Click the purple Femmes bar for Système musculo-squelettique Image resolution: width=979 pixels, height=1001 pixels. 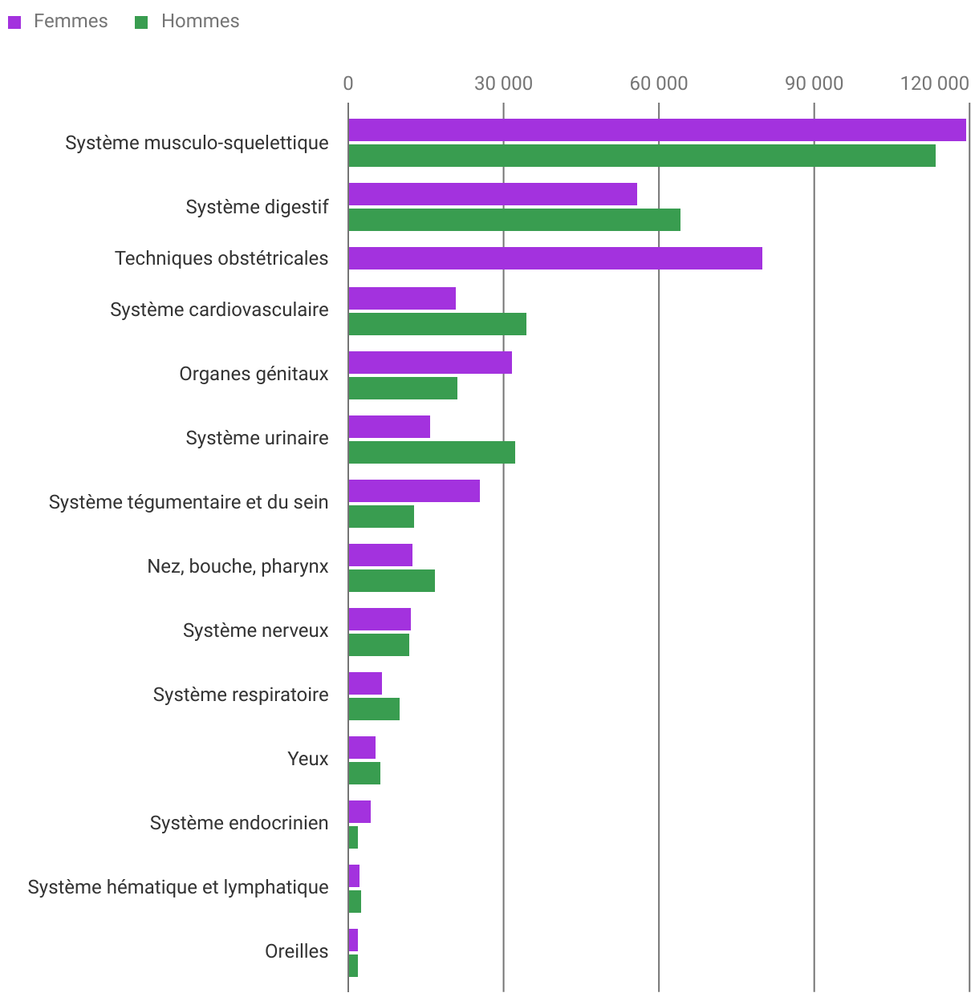tap(656, 130)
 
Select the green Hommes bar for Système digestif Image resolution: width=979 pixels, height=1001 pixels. tap(514, 220)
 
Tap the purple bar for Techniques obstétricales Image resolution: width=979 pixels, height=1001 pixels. tap(554, 258)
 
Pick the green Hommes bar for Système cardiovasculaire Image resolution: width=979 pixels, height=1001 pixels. tap(437, 324)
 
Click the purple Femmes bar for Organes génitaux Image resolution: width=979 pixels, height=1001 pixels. tap(429, 363)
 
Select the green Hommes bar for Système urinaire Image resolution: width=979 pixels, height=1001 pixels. tap(431, 452)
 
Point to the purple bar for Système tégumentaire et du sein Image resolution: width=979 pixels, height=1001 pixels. tap(413, 491)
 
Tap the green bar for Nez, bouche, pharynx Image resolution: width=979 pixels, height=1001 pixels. tap(391, 581)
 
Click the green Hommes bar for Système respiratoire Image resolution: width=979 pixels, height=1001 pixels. tap(373, 709)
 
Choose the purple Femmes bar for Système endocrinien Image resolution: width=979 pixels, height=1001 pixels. tap(359, 812)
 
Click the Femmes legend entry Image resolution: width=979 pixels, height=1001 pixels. tap(59, 22)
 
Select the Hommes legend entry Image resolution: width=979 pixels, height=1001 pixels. tap(187, 22)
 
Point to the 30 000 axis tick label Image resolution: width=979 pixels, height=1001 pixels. tap(503, 83)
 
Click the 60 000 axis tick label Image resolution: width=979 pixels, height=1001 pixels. tap(659, 83)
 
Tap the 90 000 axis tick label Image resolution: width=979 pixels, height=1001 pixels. tap(814, 83)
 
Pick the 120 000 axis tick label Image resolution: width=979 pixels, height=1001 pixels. tap(934, 83)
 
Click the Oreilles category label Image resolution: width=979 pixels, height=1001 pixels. tap(296, 951)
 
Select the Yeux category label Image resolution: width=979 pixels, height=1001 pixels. tap(307, 759)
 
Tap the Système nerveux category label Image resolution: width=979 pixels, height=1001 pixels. tap(255, 630)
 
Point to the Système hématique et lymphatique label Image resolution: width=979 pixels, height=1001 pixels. tap(177, 887)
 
